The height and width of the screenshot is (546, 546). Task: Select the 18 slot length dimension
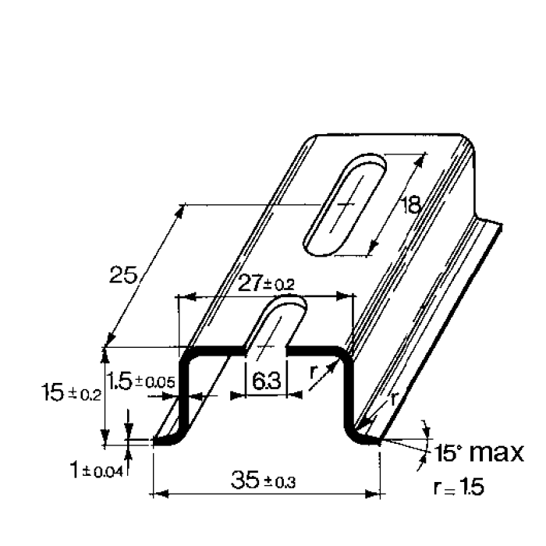point(410,205)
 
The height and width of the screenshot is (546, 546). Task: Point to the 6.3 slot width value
point(266,381)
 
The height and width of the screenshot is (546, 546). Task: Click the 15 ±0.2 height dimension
point(70,393)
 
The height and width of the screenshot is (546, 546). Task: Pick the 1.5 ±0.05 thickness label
point(141,381)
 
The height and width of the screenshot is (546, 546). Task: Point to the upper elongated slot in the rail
point(344,204)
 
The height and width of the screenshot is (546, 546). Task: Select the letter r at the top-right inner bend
point(313,373)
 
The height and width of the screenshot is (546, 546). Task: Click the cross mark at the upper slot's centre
point(344,204)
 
